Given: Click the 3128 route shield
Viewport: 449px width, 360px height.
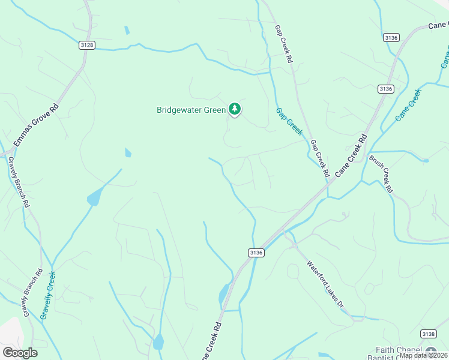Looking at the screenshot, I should coord(87,45).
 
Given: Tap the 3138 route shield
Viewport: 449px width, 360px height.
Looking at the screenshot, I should coord(428,334).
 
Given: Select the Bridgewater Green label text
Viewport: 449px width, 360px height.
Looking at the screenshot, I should coord(191,110).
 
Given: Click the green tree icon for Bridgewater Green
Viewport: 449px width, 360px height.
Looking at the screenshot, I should coord(235,109).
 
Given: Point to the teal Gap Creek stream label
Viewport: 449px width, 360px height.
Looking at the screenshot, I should coord(289,121).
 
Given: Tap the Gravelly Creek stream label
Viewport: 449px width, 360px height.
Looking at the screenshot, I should coord(48,295).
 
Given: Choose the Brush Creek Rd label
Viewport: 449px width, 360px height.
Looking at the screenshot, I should coord(381,173).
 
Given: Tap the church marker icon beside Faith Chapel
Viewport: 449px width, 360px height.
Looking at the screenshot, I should coord(431,352).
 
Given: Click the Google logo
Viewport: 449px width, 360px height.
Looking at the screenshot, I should coord(20,353).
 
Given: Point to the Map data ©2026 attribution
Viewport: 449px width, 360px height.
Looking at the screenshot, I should coord(423,355).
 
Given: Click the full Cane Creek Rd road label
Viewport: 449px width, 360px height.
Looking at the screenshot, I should coord(350,155).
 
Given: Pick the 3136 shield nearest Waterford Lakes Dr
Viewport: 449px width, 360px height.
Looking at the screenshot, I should coord(256,253).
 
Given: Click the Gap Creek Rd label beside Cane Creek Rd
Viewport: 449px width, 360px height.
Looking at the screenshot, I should coord(320,158).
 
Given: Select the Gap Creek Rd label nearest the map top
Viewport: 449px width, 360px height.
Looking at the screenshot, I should coord(283,44).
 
